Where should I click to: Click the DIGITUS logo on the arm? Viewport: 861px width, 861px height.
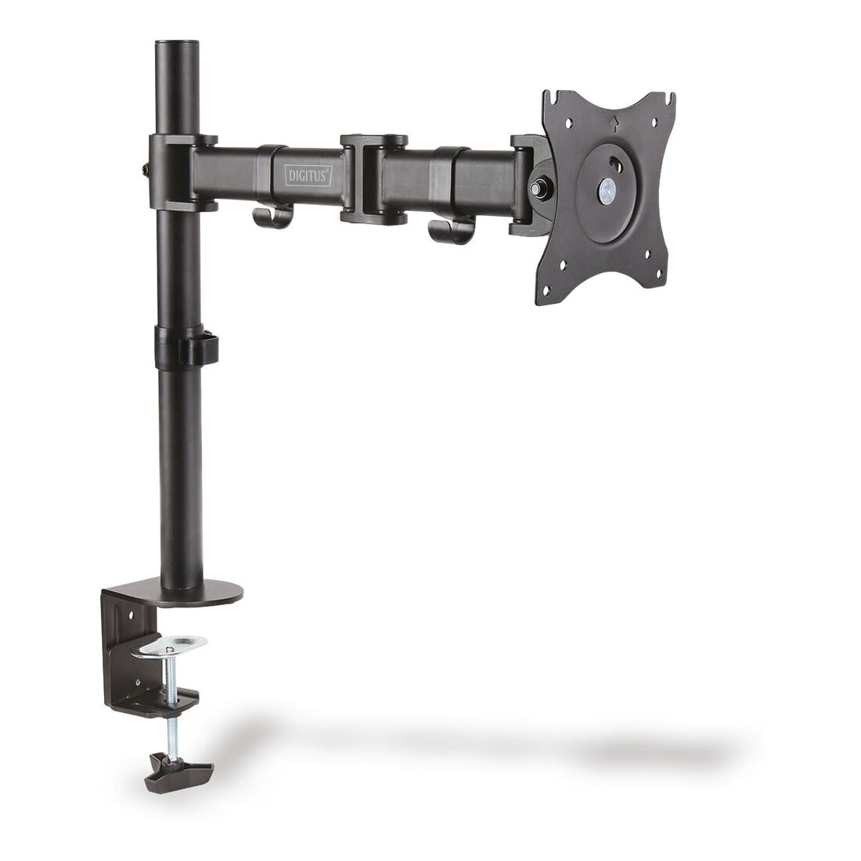[308, 175]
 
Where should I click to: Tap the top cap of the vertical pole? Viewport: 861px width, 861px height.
[176, 44]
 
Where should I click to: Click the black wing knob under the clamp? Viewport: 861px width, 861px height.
[178, 772]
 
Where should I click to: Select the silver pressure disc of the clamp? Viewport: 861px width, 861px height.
[172, 645]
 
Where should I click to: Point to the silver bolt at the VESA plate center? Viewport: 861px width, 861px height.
[607, 190]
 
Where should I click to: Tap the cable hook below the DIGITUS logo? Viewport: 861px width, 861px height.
[272, 216]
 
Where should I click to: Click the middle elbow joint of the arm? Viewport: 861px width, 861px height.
[373, 179]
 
